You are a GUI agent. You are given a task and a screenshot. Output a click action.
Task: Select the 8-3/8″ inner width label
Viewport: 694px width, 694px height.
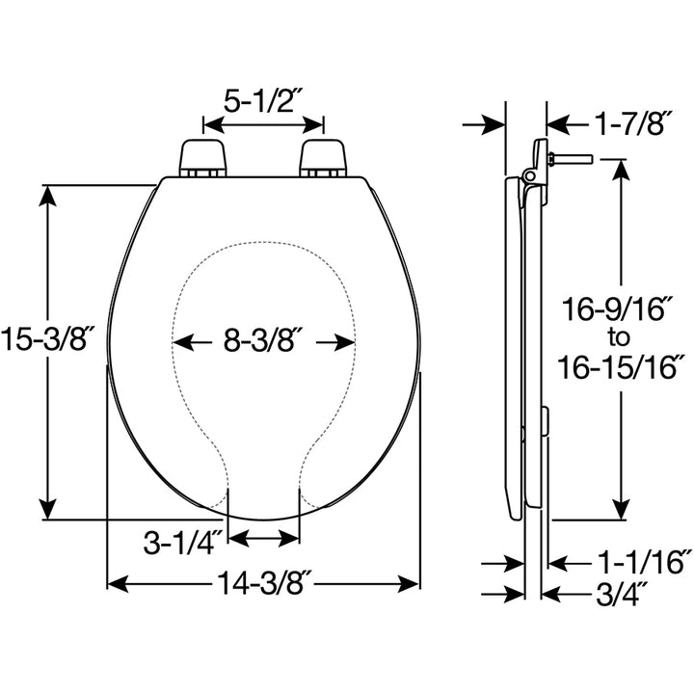click(x=263, y=340)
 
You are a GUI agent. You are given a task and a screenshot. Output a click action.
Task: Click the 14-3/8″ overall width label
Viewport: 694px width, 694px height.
click(x=263, y=583)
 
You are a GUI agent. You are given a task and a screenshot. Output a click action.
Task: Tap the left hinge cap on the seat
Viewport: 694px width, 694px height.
click(x=203, y=157)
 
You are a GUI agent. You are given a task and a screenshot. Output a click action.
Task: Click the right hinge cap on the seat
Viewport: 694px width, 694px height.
click(x=323, y=157)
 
